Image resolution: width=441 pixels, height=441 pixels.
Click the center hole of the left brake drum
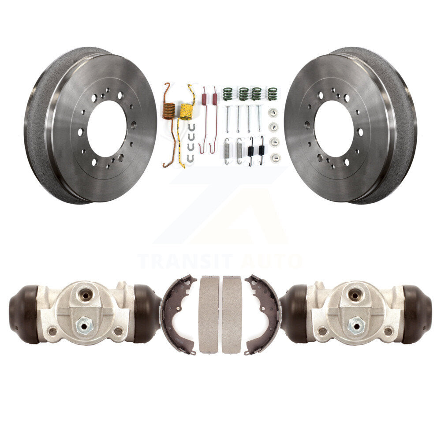coord(107,128)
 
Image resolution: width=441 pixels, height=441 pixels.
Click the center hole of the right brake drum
coord(333,129)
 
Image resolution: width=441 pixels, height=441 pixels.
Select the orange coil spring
coord(169,110)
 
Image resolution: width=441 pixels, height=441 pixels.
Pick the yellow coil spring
coord(186,111)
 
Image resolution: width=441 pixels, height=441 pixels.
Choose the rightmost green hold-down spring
coord(272,94)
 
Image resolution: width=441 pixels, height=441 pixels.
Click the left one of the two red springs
coord(204,120)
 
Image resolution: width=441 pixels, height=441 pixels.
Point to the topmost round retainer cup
coord(273,112)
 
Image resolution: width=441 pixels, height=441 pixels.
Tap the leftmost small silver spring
coord(227,151)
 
